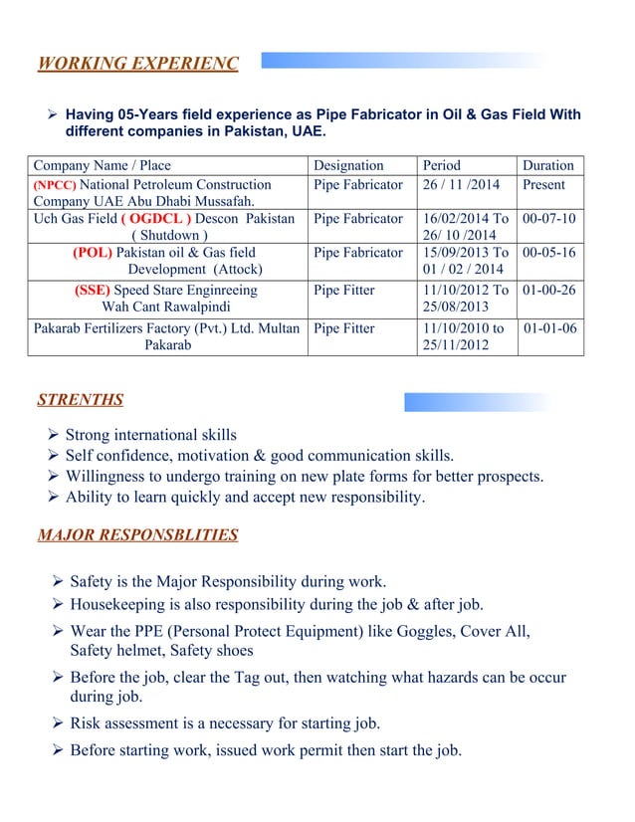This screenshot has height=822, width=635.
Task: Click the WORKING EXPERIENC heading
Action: pos(137,65)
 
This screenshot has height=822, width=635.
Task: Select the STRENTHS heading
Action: pos(81,400)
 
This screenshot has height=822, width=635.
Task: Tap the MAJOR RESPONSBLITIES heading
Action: pos(137,535)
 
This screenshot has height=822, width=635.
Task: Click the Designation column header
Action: pos(348,165)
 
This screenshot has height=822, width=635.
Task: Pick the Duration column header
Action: pos(548,165)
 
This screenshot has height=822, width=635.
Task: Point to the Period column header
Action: pos(442,165)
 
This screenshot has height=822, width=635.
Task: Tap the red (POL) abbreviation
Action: pos(93,253)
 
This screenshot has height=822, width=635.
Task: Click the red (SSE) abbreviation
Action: pos(95,291)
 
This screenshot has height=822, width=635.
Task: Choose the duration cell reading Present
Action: pos(543,185)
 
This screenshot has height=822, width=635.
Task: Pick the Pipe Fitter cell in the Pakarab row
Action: pos(344,328)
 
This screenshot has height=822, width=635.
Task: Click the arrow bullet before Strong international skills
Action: pos(54,435)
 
